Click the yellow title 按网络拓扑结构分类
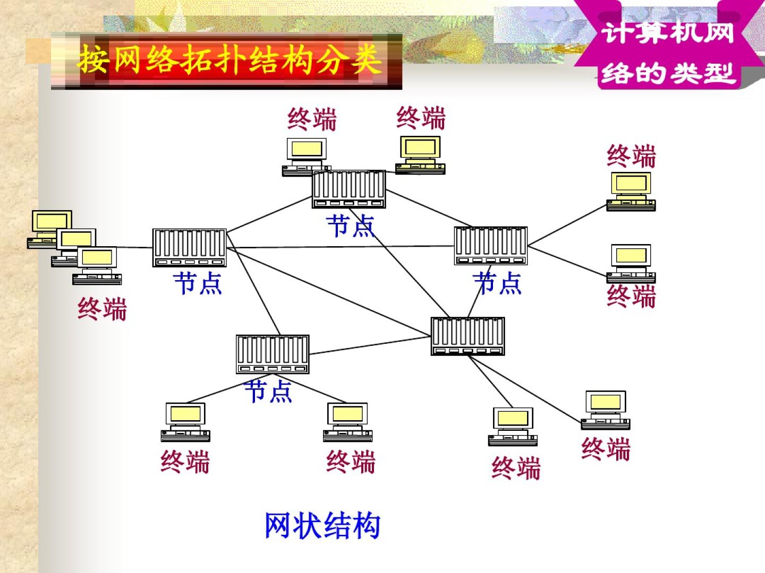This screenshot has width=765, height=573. [x=229, y=59]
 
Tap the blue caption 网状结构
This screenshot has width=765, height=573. [x=322, y=526]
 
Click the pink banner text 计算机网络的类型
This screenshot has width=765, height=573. [x=668, y=53]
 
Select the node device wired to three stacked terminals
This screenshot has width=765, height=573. [x=189, y=248]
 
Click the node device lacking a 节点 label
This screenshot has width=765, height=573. [x=467, y=336]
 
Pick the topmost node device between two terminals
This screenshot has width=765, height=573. [x=348, y=189]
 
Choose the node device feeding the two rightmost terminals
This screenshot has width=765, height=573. [x=490, y=246]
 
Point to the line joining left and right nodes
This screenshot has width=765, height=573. [x=340, y=247]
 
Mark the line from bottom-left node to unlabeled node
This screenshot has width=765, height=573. [x=369, y=345]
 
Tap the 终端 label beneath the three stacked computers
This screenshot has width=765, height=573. [x=102, y=309]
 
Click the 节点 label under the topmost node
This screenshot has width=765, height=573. [x=351, y=226]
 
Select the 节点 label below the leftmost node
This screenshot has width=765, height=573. [x=197, y=283]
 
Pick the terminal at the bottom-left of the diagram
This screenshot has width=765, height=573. [x=185, y=422]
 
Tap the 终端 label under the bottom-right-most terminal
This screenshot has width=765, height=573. [x=606, y=449]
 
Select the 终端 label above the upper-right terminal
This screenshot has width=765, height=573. [x=631, y=157]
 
